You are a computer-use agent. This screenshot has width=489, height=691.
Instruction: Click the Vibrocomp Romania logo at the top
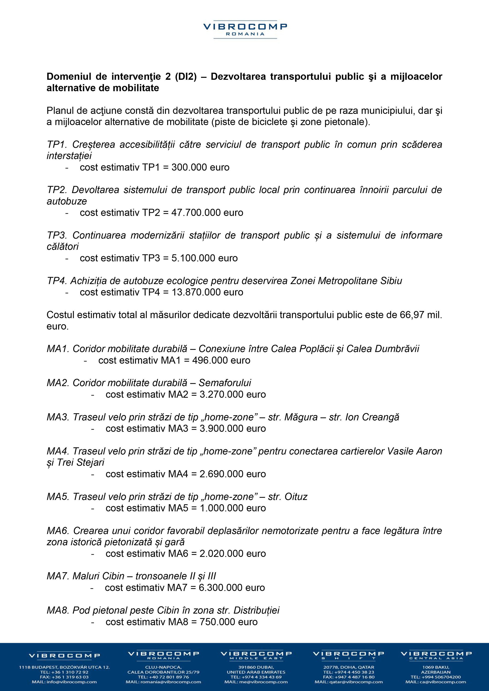pos(245,30)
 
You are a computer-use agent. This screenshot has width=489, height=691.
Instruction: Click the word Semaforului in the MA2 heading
pos(225,383)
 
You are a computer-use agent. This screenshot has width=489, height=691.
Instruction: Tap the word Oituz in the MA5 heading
pos(296,497)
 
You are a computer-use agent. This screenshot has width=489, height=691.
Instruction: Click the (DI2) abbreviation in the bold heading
pos(186,77)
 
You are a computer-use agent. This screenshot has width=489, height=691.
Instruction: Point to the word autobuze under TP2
pos(67,201)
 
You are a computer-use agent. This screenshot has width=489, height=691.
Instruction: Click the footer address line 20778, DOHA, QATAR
pos(349,667)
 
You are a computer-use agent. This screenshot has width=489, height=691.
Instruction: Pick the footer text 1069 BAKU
pos(436,667)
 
